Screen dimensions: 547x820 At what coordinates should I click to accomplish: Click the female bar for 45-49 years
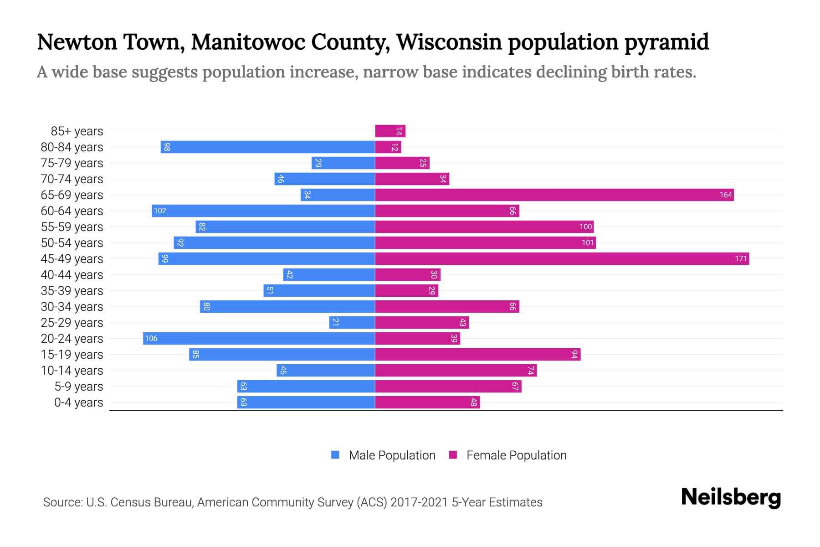tap(562, 259)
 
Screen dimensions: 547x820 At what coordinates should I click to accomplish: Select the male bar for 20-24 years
tap(259, 339)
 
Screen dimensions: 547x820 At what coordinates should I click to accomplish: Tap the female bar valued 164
tap(554, 195)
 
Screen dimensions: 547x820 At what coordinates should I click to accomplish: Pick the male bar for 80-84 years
tap(268, 147)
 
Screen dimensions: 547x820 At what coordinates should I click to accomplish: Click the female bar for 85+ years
tap(390, 131)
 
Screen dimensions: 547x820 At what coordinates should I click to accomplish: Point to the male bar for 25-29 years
tap(352, 323)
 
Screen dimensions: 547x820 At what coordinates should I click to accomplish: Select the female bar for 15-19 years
tap(477, 355)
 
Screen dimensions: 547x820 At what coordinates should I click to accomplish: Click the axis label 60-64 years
tap(72, 211)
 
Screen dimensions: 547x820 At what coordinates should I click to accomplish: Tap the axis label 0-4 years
tap(78, 403)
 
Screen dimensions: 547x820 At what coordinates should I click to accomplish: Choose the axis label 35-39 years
tap(72, 291)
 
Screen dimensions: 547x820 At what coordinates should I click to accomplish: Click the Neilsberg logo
tap(731, 497)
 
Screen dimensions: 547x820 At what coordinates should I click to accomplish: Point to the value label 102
tap(160, 211)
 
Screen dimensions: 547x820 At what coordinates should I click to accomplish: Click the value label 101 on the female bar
tap(588, 243)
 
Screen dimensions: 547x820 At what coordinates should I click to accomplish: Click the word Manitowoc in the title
tap(243, 42)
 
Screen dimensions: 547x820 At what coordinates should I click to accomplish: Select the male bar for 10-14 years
tap(326, 371)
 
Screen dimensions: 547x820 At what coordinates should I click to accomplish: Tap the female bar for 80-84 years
tap(388, 147)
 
